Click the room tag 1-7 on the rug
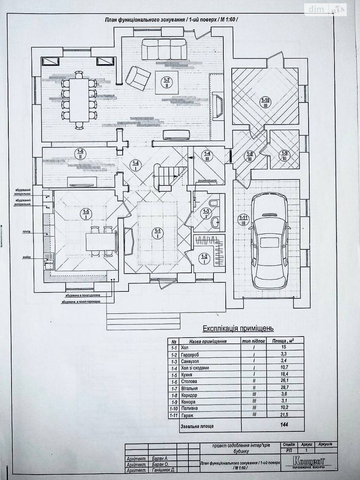point(167,82)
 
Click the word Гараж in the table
point(187,415)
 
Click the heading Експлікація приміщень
point(238,328)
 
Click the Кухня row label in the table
point(187,375)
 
